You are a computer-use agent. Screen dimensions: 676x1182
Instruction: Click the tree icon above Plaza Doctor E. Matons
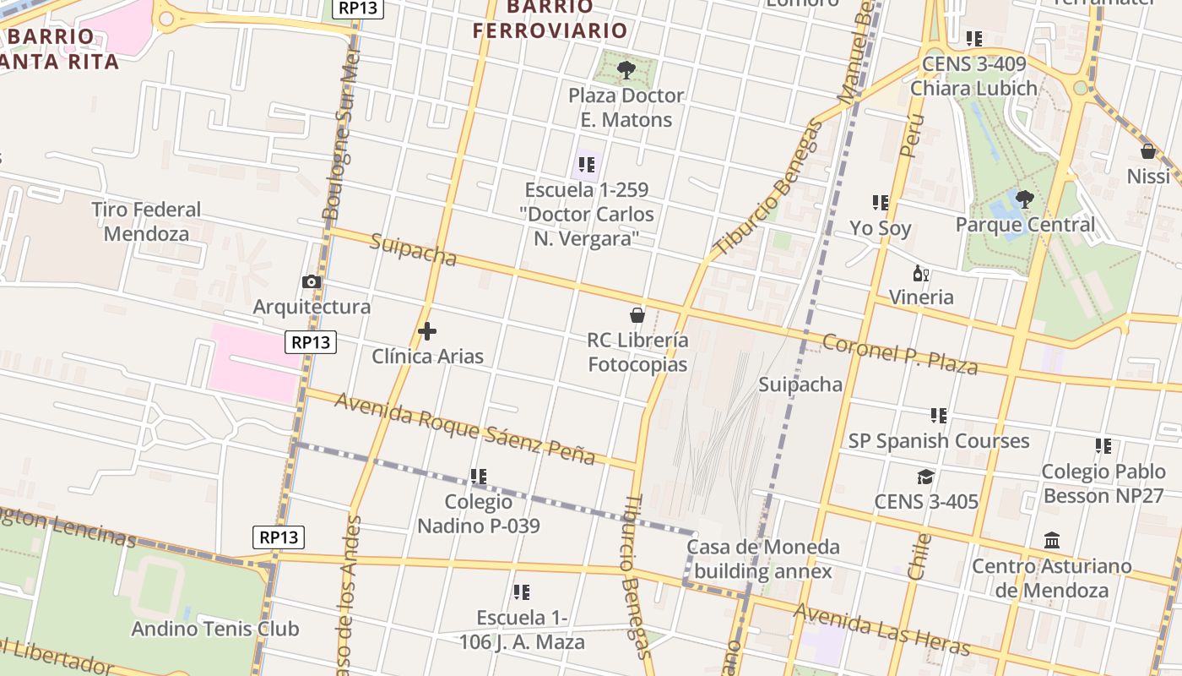626,69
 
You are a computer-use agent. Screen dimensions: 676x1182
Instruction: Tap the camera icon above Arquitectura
312,281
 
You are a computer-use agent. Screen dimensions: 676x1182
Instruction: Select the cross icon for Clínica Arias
427,331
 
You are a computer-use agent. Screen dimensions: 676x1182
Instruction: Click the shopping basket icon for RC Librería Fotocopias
637,315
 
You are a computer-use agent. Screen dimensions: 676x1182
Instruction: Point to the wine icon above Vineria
921,273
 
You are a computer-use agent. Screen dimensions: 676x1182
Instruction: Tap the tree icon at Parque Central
1025,199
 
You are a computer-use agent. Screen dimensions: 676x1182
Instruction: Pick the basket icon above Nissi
1148,151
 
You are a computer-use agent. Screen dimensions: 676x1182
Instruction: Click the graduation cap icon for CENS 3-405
926,477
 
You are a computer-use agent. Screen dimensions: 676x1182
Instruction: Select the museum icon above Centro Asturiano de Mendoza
1052,540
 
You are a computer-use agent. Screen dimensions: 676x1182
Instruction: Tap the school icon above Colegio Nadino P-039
479,477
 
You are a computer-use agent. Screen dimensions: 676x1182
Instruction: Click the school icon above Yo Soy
881,203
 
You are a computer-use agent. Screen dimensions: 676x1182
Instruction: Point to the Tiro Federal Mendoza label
146,221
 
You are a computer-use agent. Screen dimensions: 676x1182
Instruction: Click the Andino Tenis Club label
214,629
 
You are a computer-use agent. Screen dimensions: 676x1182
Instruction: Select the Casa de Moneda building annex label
763,559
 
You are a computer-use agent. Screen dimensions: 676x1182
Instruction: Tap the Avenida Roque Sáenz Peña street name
465,428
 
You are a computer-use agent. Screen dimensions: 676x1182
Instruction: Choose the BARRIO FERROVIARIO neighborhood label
550,19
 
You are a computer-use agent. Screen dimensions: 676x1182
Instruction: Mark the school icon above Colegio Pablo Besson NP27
1103,445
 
